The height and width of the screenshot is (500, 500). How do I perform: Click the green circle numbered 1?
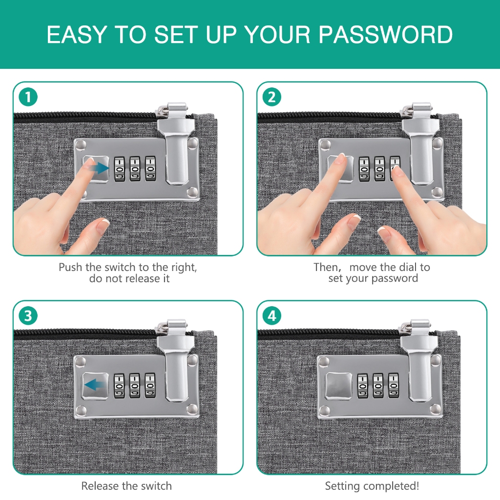[x=28, y=97]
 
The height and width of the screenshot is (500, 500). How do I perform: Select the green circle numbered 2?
[x=271, y=97]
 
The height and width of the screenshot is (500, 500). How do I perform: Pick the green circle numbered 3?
[x=28, y=316]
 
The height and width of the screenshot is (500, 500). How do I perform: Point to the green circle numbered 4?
[x=271, y=316]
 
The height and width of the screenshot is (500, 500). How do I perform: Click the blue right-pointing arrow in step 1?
[x=99, y=167]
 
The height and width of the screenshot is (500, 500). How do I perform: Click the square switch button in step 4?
[x=339, y=386]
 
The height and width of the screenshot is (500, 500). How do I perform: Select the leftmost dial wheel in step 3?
[x=119, y=386]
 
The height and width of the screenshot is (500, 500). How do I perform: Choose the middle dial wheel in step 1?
[x=135, y=168]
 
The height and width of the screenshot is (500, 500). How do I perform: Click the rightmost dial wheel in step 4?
[x=394, y=386]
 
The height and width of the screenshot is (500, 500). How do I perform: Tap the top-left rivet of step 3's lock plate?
[x=81, y=362]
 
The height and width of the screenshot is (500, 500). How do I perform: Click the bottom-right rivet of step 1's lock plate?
[x=192, y=192]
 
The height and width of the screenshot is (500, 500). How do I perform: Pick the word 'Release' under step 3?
[x=100, y=486]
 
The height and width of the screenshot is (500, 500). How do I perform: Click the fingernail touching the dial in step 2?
[x=396, y=171]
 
